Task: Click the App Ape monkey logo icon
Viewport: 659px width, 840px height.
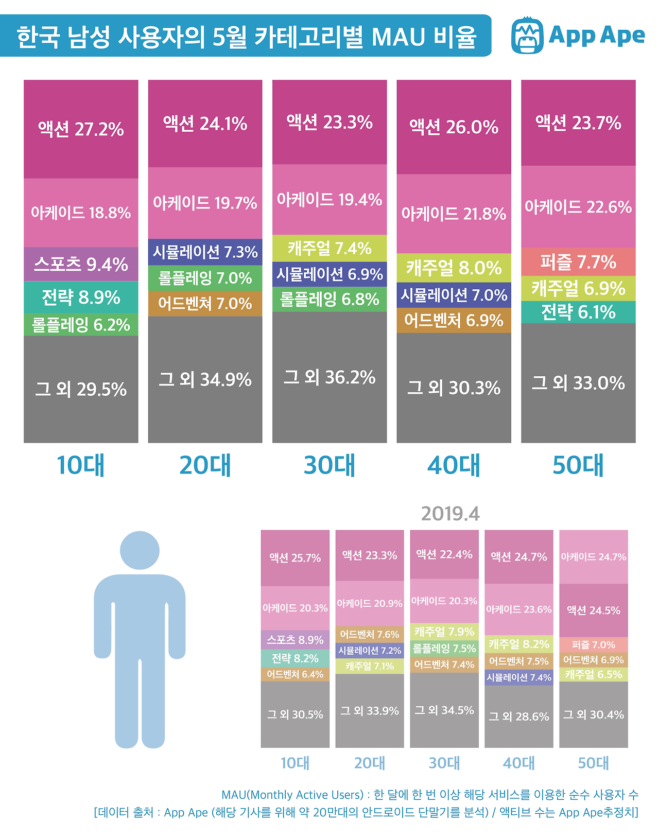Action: [x=527, y=36]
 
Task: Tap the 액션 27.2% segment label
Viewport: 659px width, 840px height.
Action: [x=81, y=129]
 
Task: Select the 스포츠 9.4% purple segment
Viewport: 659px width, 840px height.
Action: [x=81, y=264]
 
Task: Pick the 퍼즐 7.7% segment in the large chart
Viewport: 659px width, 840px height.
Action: [x=578, y=262]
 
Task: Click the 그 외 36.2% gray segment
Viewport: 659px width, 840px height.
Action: [x=329, y=377]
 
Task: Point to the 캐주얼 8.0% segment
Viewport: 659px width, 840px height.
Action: [x=454, y=268]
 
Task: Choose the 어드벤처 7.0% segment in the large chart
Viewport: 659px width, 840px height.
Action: [x=205, y=304]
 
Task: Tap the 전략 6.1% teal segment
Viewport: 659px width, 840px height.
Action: [x=578, y=312]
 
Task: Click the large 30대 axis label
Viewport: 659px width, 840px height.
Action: [x=329, y=465]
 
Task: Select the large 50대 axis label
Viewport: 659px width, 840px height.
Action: [x=578, y=465]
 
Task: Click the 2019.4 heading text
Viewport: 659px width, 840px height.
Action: [x=450, y=514]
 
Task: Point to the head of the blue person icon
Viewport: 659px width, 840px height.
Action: [x=140, y=550]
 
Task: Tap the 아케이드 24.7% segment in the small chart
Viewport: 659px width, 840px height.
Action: [x=594, y=557]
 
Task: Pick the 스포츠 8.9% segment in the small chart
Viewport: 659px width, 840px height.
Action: [x=295, y=640]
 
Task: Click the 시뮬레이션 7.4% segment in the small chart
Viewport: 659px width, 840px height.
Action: [x=519, y=677]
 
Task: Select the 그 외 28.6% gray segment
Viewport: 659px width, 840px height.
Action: [x=519, y=716]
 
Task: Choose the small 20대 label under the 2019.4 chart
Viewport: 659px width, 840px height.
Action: [x=370, y=763]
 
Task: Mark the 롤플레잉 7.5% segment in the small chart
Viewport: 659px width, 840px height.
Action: [x=444, y=649]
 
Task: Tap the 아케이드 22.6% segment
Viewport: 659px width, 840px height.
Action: [x=578, y=207]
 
